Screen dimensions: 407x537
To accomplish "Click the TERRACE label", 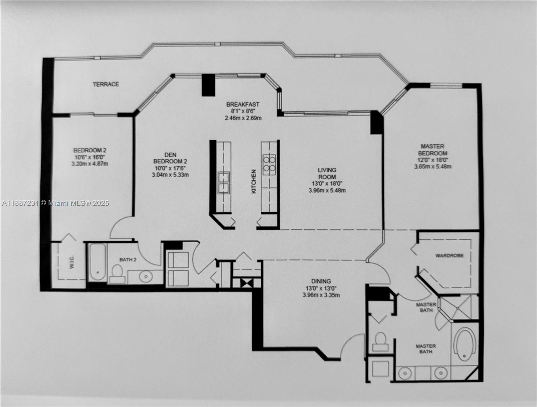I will pyautogui.click(x=106, y=84).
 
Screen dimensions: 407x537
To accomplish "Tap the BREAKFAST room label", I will pyautogui.click(x=243, y=104).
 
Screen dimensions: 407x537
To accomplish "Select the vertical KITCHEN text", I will pyautogui.click(x=254, y=181).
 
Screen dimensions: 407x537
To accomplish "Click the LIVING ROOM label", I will pyautogui.click(x=327, y=173).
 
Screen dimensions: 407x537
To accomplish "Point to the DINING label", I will pyautogui.click(x=321, y=281).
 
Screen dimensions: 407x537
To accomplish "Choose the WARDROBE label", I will pyautogui.click(x=449, y=255).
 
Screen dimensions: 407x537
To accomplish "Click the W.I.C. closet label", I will pyautogui.click(x=72, y=262).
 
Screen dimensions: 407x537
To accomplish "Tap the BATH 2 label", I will pyautogui.click(x=128, y=260).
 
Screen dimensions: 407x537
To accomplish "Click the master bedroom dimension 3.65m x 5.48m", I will pyautogui.click(x=433, y=167).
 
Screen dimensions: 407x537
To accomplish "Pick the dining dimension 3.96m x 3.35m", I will pyautogui.click(x=321, y=295).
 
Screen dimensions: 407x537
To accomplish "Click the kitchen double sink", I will pyautogui.click(x=224, y=182).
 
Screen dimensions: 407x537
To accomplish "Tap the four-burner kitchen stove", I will pyautogui.click(x=270, y=164).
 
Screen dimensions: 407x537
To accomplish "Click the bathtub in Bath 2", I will pyautogui.click(x=98, y=262).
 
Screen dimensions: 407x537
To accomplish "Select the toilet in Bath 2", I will pyautogui.click(x=117, y=273).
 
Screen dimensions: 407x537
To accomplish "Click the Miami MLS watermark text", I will pyautogui.click(x=55, y=203).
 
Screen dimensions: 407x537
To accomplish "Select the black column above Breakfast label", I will pyautogui.click(x=208, y=85).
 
